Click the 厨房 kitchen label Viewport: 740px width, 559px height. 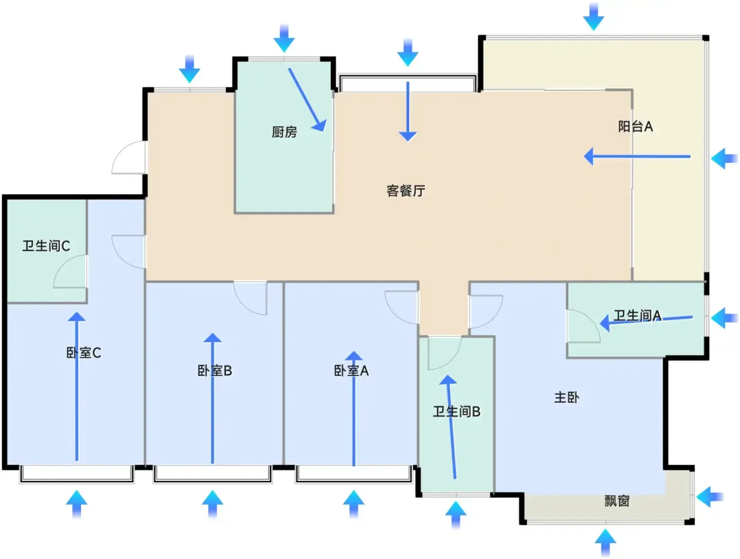[x=284, y=132]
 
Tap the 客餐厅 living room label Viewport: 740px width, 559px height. [x=405, y=190]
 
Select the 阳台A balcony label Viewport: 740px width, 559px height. [x=635, y=126]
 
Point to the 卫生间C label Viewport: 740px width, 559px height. [x=46, y=245]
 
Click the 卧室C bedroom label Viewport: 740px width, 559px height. [x=84, y=353]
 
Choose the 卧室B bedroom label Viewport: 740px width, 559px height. [x=215, y=371]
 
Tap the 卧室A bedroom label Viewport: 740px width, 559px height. [x=351, y=371]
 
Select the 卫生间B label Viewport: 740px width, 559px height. [x=457, y=411]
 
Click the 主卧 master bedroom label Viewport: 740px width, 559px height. [x=566, y=397]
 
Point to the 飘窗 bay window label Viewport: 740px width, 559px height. [x=617, y=501]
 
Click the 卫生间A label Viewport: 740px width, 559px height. [x=637, y=316]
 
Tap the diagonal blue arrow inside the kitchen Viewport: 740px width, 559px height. [x=307, y=99]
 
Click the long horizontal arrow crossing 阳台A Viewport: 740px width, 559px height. [x=637, y=157]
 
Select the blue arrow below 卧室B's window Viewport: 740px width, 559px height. [x=212, y=503]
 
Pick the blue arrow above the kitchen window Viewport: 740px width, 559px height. [x=284, y=38]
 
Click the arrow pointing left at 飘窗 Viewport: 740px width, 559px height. [x=709, y=497]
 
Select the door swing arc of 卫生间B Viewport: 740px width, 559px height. [x=444, y=352]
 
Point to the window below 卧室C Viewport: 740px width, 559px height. [x=77, y=474]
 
